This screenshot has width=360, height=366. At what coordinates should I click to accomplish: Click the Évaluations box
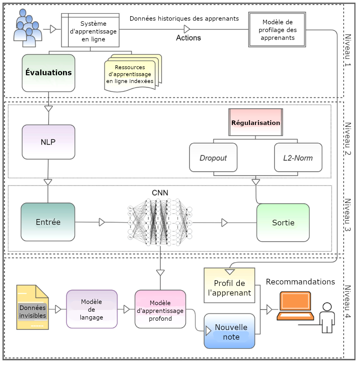click(x=48, y=73)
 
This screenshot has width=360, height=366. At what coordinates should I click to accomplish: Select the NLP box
click(x=48, y=142)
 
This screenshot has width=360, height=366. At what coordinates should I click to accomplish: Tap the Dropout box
click(x=213, y=158)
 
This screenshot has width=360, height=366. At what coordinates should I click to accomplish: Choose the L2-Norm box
click(x=298, y=158)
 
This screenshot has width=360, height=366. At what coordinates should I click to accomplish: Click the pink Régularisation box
click(x=256, y=122)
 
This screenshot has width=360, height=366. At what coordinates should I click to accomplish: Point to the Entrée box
click(x=48, y=222)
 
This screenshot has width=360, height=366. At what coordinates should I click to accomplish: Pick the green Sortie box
click(x=283, y=223)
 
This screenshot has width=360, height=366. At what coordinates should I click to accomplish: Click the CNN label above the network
click(x=160, y=193)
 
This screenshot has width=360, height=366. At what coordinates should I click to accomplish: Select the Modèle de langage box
click(x=91, y=309)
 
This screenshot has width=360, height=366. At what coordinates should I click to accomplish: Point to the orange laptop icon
click(x=295, y=306)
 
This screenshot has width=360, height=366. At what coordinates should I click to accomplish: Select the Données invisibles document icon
click(x=32, y=308)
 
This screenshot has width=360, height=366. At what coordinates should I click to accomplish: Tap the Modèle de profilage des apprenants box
click(x=277, y=30)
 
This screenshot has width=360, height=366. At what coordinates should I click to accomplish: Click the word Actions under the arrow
click(x=188, y=38)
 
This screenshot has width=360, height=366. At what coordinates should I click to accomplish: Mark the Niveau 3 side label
click(x=347, y=215)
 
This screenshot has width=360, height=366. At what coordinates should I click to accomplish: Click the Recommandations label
click(x=300, y=282)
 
